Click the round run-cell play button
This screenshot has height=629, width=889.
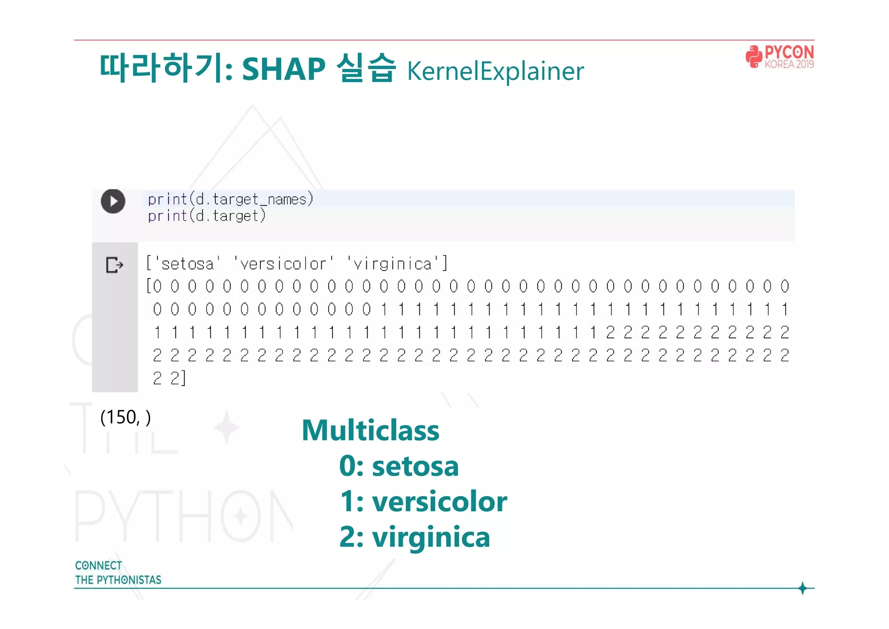(x=113, y=201)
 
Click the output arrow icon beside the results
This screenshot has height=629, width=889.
(x=115, y=265)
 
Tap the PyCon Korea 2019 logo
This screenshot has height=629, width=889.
(x=780, y=57)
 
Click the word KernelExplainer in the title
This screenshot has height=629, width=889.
(x=495, y=71)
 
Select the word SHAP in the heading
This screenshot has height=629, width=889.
(x=283, y=69)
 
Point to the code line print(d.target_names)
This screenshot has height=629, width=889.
(x=230, y=199)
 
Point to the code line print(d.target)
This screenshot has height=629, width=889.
(x=207, y=216)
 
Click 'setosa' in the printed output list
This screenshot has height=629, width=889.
(x=188, y=264)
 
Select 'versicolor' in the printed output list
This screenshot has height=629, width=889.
(x=283, y=264)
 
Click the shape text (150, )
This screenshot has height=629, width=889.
(x=125, y=417)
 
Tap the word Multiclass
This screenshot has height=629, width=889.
(x=370, y=430)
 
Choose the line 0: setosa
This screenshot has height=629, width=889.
(x=398, y=466)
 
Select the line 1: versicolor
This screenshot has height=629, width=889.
(x=423, y=501)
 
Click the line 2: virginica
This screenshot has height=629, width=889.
(x=415, y=537)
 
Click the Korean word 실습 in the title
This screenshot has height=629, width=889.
(x=365, y=69)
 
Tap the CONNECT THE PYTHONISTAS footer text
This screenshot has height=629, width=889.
(x=118, y=573)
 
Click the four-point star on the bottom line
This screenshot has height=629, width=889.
(x=803, y=588)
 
